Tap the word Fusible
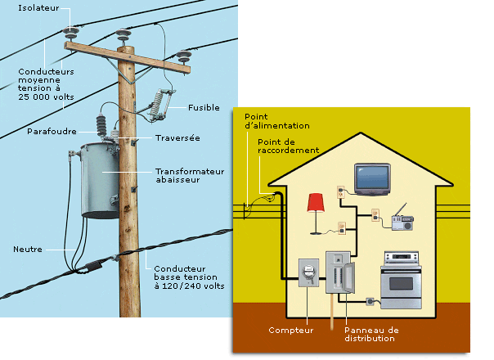point(203,107)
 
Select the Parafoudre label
point(52,131)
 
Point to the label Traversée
point(177,138)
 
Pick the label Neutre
point(27,249)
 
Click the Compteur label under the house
point(290,331)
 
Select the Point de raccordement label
point(288,146)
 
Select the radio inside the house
point(402,220)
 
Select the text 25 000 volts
point(47,96)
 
